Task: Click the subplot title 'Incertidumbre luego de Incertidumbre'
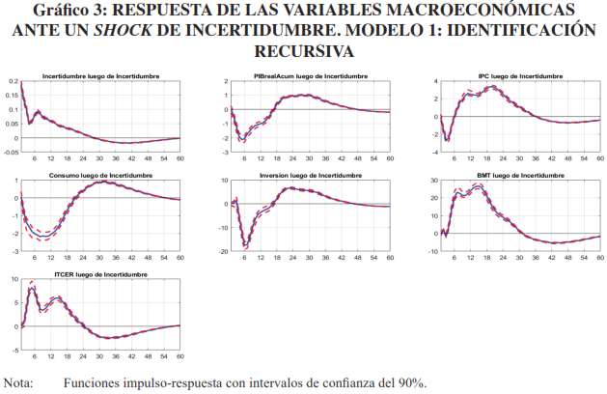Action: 101,74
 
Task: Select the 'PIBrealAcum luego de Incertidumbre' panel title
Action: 310,74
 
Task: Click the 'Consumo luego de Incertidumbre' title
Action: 101,176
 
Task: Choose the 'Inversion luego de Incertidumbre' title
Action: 310,176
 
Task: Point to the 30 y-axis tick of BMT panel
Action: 435,182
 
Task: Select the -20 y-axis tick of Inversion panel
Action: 224,251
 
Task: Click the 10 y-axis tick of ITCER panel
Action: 12,280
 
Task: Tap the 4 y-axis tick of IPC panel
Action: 436,82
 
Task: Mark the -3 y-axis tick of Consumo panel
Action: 13,251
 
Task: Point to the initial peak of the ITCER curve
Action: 32,287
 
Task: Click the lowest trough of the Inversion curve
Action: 246,244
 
